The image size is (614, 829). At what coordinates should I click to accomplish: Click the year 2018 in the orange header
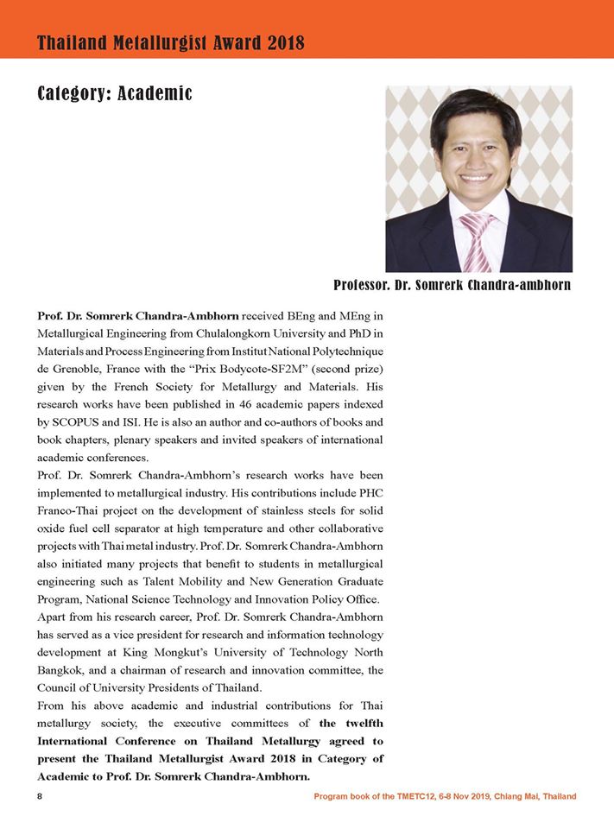point(282,42)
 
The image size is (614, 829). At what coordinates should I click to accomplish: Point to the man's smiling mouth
point(478,179)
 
